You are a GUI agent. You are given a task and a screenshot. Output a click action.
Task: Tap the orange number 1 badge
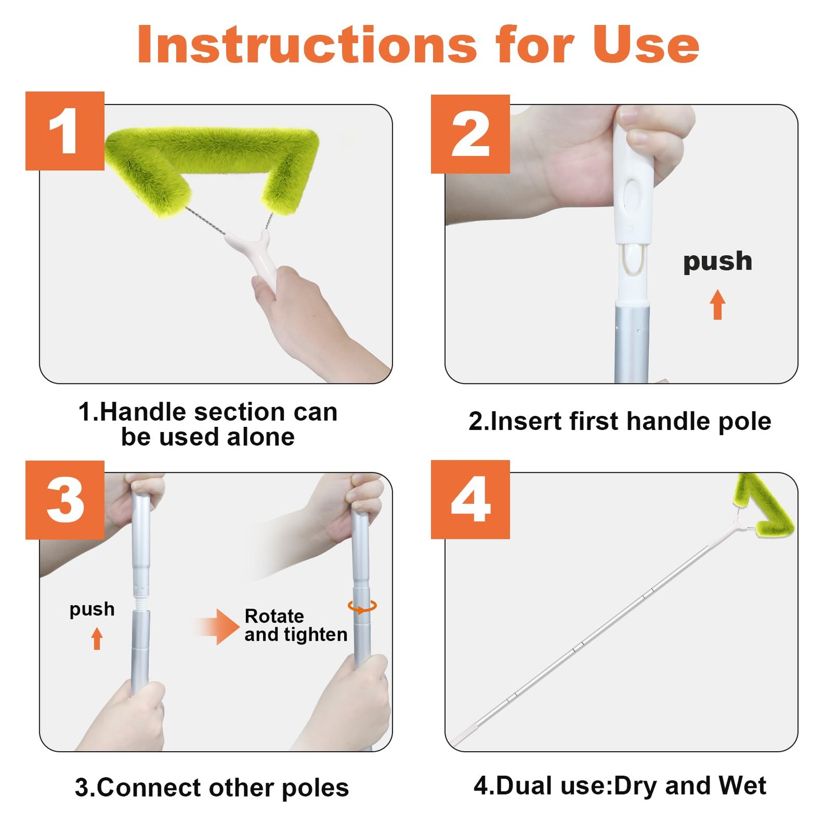coord(65,131)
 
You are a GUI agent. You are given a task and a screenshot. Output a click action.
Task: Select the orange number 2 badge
coord(470,134)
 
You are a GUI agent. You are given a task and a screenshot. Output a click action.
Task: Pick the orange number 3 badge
coord(65,500)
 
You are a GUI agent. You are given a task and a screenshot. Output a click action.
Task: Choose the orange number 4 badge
coord(470,500)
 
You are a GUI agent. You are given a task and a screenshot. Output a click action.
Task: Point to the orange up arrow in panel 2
coord(718,304)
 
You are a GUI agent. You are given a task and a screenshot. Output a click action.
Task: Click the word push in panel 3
coord(92,609)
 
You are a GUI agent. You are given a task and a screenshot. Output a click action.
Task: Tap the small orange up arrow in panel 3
coord(97,639)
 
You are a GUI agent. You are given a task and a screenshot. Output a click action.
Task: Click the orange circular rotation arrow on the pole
coord(362,607)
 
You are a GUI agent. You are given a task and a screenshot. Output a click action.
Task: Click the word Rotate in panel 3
coord(274,616)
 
